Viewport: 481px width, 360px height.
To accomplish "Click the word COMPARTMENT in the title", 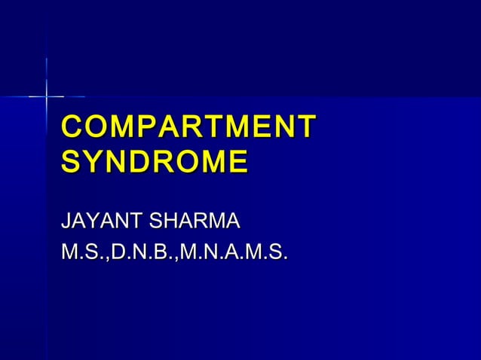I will tap(188, 127).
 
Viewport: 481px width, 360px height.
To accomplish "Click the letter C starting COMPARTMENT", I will tap(73, 127).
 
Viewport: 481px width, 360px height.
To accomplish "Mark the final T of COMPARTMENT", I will tap(306, 127).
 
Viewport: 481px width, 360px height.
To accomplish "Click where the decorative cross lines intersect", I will tap(47, 96).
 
